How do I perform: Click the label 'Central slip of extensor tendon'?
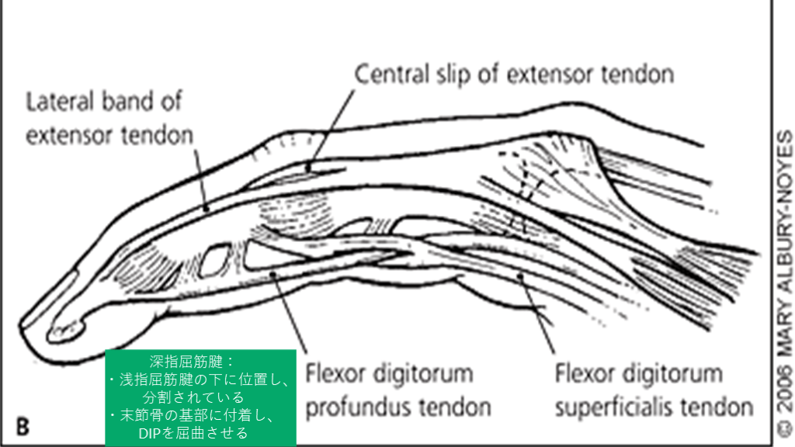[x=514, y=74]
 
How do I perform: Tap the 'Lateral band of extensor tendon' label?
[x=109, y=118]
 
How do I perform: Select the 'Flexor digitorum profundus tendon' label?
[x=389, y=390]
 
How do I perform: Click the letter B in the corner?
[x=23, y=425]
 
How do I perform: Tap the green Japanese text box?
[x=200, y=397]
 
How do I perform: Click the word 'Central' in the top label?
[x=390, y=74]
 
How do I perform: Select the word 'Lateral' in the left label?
[x=61, y=102]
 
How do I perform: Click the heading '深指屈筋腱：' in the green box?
[x=200, y=362]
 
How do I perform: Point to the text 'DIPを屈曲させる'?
[x=200, y=433]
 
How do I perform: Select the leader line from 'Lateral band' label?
[x=201, y=178]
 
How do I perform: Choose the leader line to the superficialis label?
[x=536, y=318]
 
